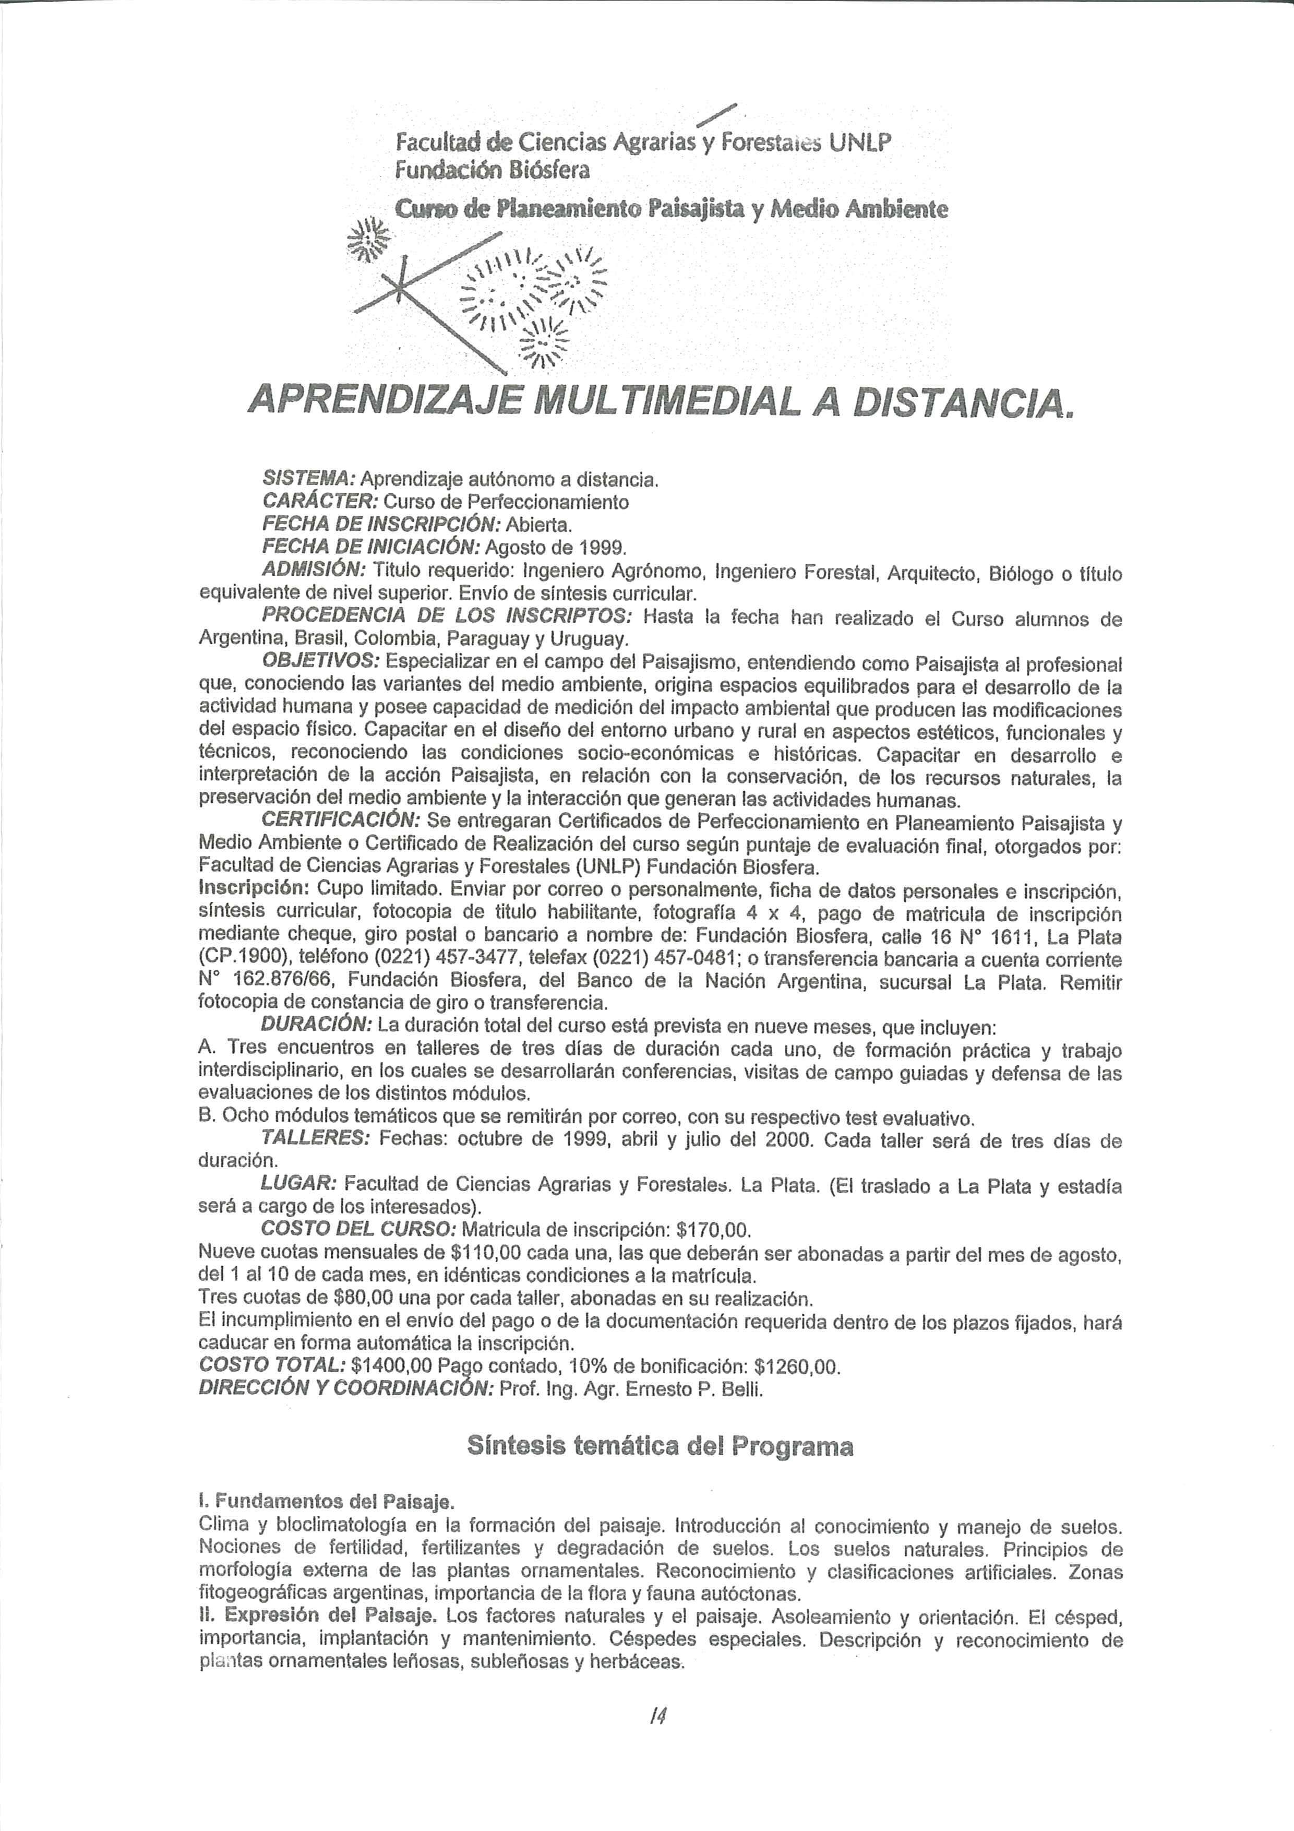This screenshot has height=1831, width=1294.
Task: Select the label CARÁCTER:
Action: click(x=320, y=502)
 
